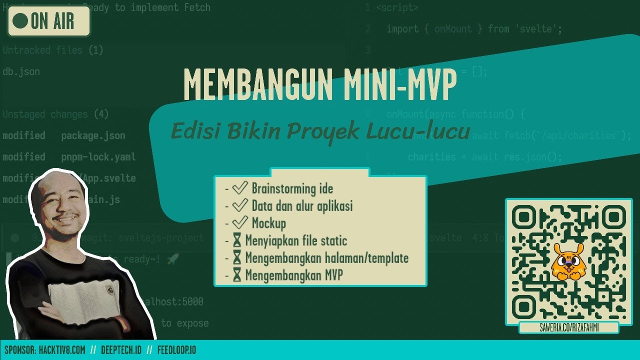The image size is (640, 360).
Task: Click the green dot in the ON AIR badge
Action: click(x=20, y=21)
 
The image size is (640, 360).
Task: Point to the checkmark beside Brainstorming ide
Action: click(x=240, y=188)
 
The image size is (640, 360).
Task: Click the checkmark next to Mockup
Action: click(x=240, y=222)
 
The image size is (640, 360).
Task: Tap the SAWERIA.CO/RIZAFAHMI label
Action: click(x=569, y=327)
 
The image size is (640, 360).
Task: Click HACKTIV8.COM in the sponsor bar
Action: click(x=61, y=350)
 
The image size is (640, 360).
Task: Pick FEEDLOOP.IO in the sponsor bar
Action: click(x=176, y=350)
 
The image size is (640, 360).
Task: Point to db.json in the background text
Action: click(x=21, y=71)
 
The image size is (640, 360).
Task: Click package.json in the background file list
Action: click(x=93, y=135)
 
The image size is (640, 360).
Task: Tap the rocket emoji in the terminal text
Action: click(x=172, y=259)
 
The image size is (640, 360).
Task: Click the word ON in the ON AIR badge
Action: click(x=38, y=21)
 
